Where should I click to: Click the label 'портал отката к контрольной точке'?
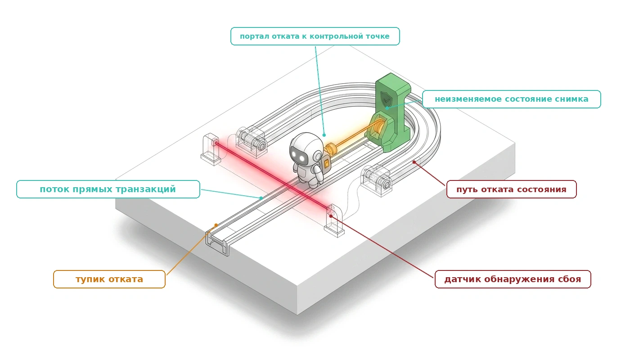pos(315,36)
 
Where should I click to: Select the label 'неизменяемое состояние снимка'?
pos(511,99)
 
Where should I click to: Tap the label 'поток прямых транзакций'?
pos(108,189)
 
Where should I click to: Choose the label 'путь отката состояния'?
pos(511,189)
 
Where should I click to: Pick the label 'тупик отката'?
pos(109,279)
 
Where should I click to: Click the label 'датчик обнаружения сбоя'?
pos(513,279)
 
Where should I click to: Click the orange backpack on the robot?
pos(327,163)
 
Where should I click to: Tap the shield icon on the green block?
pos(386,98)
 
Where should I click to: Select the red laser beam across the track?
pos(272,175)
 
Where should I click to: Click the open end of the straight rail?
pos(217,244)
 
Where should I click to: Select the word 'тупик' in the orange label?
pos(90,279)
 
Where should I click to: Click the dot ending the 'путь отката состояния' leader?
pos(414,162)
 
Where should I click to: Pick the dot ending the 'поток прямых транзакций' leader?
pos(261,198)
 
